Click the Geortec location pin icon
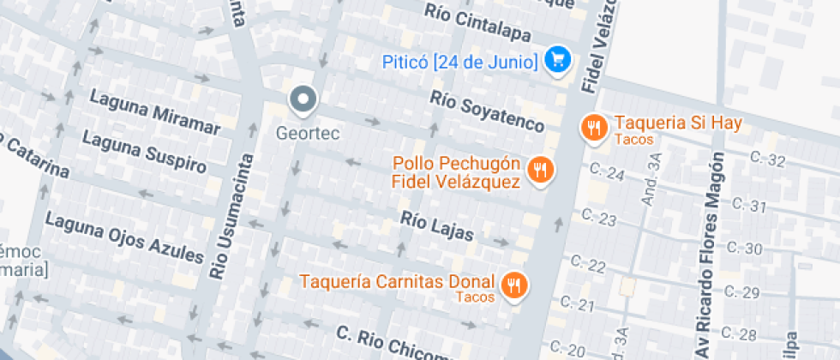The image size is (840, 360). (x=303, y=100)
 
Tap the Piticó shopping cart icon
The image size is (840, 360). (x=559, y=60)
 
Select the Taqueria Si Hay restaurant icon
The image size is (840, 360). (x=594, y=128)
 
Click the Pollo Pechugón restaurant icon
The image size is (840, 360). (x=539, y=169)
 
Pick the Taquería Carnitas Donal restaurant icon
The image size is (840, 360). (x=514, y=285)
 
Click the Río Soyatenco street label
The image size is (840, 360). (x=487, y=111)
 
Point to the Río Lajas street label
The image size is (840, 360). (x=437, y=225)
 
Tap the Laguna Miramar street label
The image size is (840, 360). (x=155, y=111)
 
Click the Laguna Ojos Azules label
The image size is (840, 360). (x=124, y=238)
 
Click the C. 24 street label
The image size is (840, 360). (x=608, y=173)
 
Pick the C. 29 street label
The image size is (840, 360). (x=742, y=293)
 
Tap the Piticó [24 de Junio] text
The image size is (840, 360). (x=460, y=62)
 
